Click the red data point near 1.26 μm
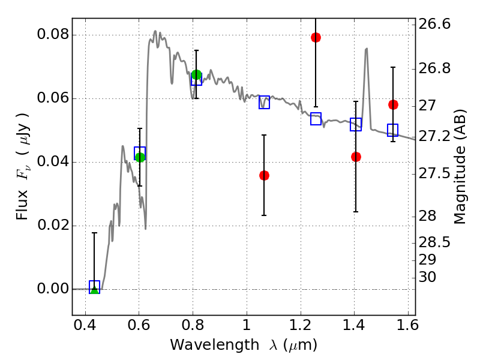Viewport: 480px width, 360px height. pyautogui.click(x=316, y=38)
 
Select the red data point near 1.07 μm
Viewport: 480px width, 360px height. pyautogui.click(x=264, y=175)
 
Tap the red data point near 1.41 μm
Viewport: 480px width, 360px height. pyautogui.click(x=356, y=157)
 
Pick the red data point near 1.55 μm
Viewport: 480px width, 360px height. pyautogui.click(x=393, y=104)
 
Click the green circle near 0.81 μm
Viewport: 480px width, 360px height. pyautogui.click(x=196, y=75)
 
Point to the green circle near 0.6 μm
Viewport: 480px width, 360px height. pyautogui.click(x=140, y=157)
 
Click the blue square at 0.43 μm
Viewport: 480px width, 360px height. pyautogui.click(x=94, y=287)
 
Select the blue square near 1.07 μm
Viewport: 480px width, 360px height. pyautogui.click(x=264, y=102)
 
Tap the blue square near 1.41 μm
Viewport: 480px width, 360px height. pyautogui.click(x=356, y=124)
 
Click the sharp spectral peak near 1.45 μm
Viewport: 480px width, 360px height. pyautogui.click(x=366, y=49)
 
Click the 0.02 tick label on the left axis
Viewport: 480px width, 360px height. pyautogui.click(x=53, y=226)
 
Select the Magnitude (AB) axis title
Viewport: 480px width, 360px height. pyautogui.click(x=460, y=167)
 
